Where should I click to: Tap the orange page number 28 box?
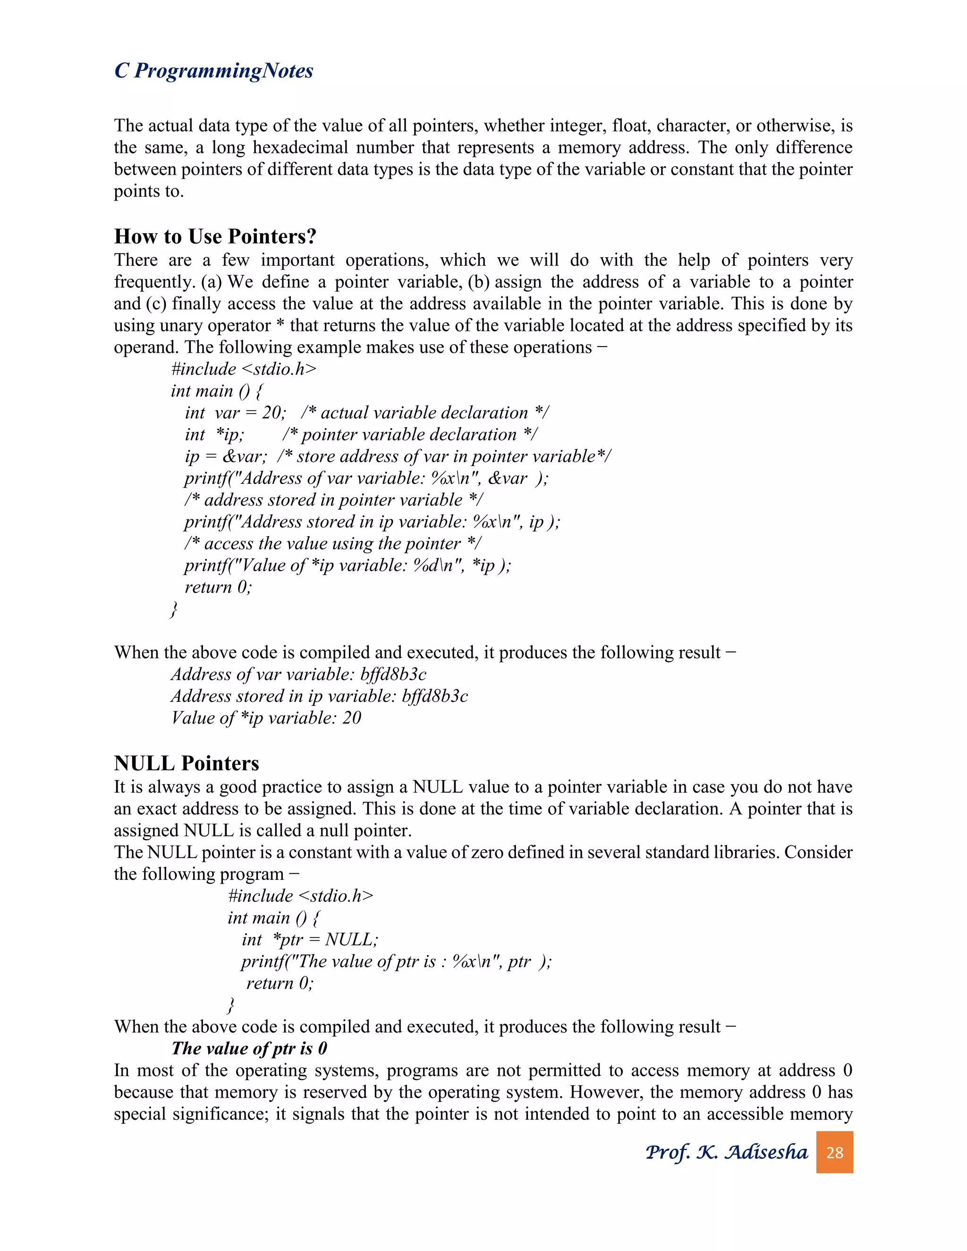(x=834, y=1152)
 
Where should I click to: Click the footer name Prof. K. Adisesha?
(x=726, y=1152)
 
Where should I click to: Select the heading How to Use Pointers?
(x=215, y=237)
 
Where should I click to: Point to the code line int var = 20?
(x=235, y=413)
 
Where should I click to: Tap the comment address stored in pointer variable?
(x=333, y=500)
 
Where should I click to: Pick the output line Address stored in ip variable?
(x=319, y=696)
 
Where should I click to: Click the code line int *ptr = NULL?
(x=309, y=940)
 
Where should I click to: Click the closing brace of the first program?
(x=174, y=609)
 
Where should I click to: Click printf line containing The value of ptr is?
(x=395, y=962)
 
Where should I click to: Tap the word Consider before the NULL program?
(x=818, y=852)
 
